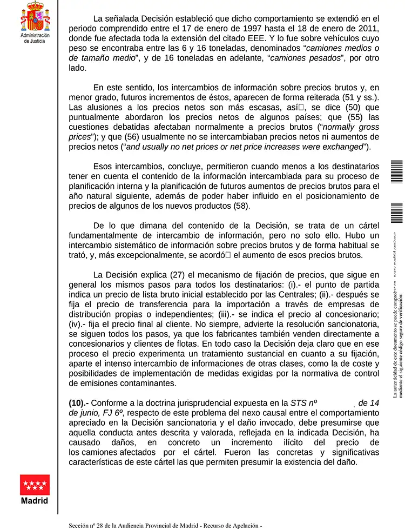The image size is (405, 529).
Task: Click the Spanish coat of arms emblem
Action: click(35, 16)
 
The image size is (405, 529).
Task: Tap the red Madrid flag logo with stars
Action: click(35, 485)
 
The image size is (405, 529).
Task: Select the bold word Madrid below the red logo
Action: click(35, 501)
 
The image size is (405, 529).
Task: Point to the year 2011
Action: click(369, 29)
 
